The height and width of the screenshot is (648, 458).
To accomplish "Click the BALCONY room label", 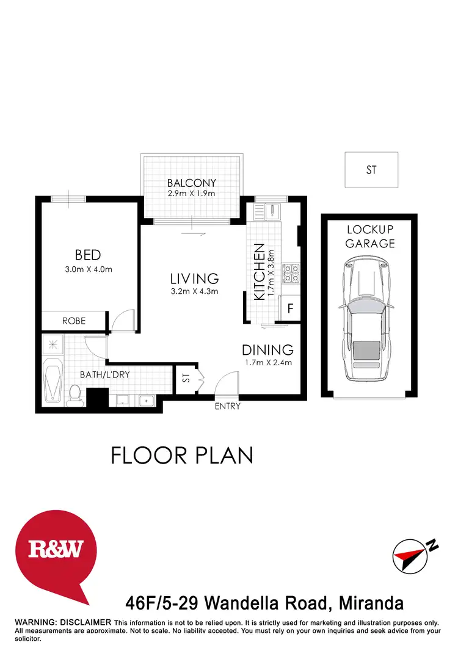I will point(192,183).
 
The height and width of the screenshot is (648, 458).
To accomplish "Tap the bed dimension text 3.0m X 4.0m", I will point(88,269).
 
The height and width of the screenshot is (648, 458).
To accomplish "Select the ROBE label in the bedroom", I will point(73,321).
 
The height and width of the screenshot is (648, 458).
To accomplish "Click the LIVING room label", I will point(194,278).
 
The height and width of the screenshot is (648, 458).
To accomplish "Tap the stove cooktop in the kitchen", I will point(290,273).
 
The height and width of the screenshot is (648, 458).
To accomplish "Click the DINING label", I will point(267,350).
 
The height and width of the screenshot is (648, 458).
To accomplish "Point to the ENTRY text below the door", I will point(227,406).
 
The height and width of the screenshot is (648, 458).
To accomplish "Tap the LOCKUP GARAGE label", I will point(370,236).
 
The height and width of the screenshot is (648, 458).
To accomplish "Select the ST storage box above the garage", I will point(371,170).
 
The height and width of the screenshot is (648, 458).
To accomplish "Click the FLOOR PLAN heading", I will point(181,456).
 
